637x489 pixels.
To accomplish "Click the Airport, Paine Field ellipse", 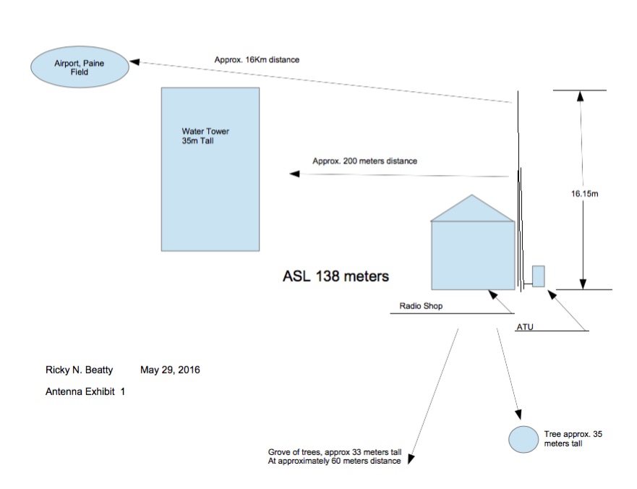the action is (x=80, y=67).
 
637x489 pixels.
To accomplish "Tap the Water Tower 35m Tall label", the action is (x=205, y=136).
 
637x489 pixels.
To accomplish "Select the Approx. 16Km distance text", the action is (x=257, y=60).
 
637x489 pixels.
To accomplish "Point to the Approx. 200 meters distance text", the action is (x=365, y=161).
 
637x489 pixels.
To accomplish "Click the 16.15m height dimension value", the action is (x=585, y=194).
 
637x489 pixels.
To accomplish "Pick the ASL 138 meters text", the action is (x=335, y=276).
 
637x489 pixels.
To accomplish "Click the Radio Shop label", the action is (x=421, y=306).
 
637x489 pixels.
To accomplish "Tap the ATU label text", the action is (x=525, y=327).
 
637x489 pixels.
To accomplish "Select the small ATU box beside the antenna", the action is (x=538, y=276).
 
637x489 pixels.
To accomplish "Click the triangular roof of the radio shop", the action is (x=472, y=211).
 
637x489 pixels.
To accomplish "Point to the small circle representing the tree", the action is (x=523, y=439).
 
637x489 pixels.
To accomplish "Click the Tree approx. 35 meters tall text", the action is (x=573, y=438).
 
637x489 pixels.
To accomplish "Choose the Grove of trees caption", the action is (x=334, y=456).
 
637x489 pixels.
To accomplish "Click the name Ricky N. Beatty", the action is (x=80, y=370).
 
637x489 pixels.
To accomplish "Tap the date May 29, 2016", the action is (x=170, y=370).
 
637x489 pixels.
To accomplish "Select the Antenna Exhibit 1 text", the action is (x=85, y=391).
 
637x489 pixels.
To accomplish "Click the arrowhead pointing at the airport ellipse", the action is (x=134, y=61).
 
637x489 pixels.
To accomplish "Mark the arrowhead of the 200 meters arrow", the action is (x=294, y=174).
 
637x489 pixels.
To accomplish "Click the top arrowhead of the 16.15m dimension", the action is (x=581, y=95).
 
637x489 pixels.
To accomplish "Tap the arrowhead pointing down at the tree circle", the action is (x=518, y=414).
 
